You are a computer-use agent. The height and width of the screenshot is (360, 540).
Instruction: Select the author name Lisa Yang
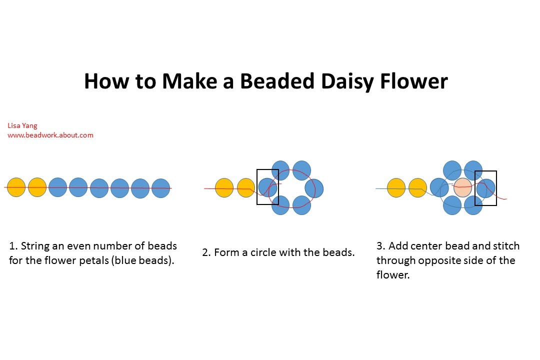22,126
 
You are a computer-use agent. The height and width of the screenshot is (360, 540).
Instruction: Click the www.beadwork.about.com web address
50,135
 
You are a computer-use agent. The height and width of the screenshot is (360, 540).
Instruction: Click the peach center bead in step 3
462,187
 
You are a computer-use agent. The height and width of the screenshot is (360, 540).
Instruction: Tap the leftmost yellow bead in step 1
16,187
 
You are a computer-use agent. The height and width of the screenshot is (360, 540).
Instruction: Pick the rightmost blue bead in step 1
160,188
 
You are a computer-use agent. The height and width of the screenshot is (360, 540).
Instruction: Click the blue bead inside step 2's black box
267,187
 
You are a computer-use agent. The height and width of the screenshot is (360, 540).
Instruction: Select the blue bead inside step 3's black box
485,188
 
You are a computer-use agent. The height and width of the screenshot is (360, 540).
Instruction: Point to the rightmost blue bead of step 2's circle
314,188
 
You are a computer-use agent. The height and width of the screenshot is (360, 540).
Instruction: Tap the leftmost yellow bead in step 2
224,188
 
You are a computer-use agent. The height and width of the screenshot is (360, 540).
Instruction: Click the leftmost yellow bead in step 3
396,187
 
